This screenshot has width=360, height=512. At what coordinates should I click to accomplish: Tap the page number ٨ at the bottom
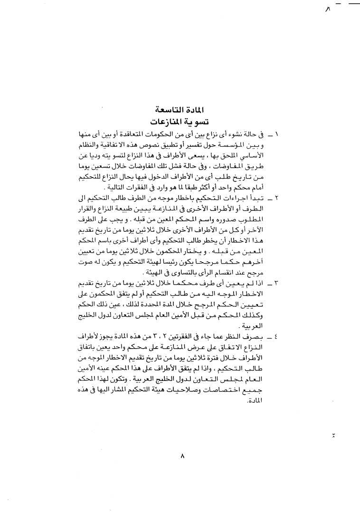point(182,456)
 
